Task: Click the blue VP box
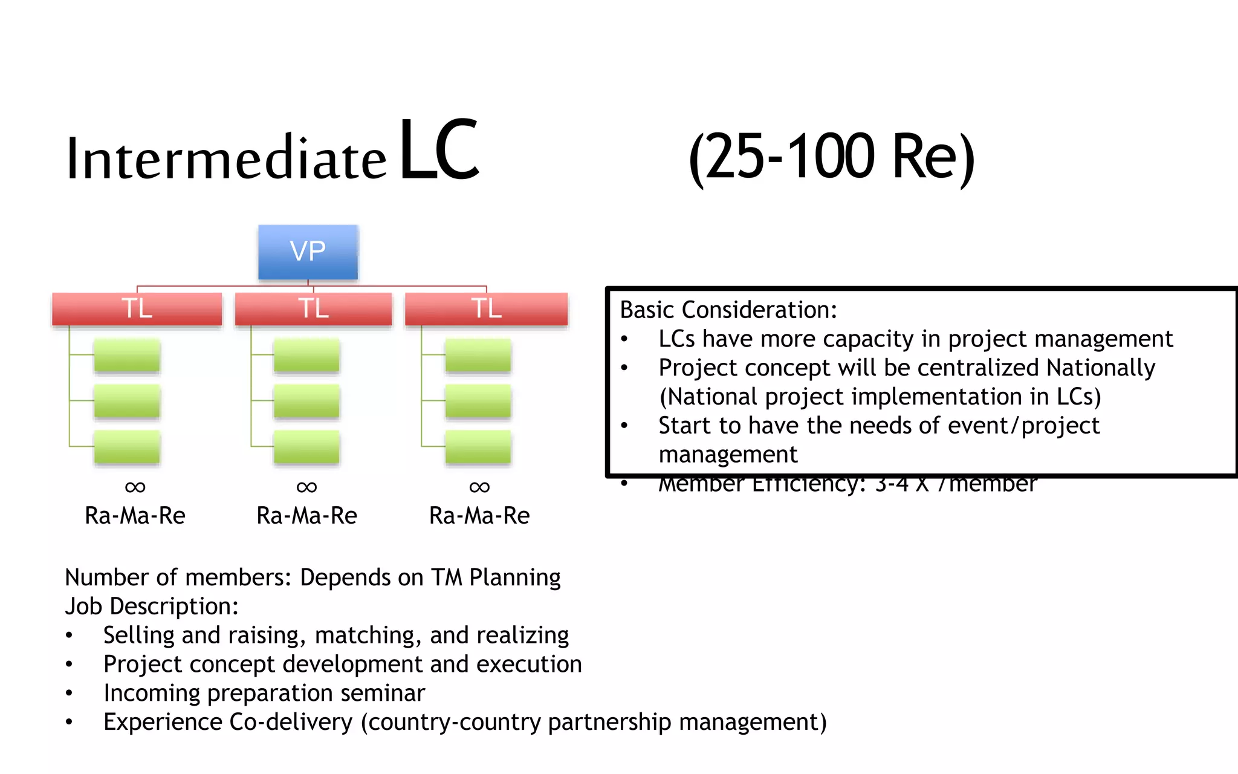[x=308, y=252]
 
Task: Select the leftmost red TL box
[x=137, y=308]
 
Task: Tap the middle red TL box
[x=313, y=308]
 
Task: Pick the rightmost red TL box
[x=486, y=308]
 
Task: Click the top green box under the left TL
[x=127, y=355]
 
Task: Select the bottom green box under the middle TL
[x=306, y=447]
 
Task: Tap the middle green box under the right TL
[x=478, y=401]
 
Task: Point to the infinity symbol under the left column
[x=135, y=487]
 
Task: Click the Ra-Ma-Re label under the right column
[x=479, y=516]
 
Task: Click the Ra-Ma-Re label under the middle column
[x=306, y=516]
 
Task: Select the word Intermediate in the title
[x=225, y=159]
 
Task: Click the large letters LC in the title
[x=439, y=150]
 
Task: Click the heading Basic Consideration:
[x=728, y=310]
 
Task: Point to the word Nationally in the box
[x=1100, y=368]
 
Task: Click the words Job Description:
[x=152, y=606]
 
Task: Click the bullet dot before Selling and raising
[x=70, y=636]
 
